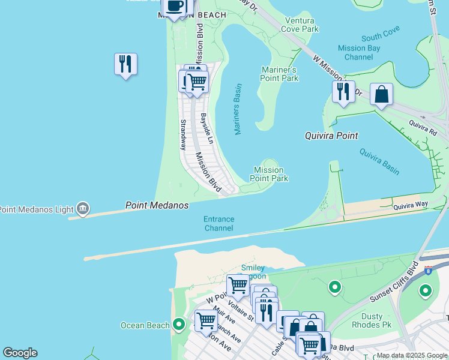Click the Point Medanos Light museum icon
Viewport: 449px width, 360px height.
[83, 209]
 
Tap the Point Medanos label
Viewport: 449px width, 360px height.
[157, 205]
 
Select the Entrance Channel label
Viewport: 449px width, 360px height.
[218, 224]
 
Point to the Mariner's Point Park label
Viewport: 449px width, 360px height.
[280, 74]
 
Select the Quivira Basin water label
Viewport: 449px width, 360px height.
[379, 161]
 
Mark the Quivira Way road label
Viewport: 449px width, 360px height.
[411, 205]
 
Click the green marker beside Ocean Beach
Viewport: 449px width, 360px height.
[178, 325]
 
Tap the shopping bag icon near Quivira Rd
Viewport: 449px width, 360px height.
[381, 94]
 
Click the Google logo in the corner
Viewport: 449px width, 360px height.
[20, 353]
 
